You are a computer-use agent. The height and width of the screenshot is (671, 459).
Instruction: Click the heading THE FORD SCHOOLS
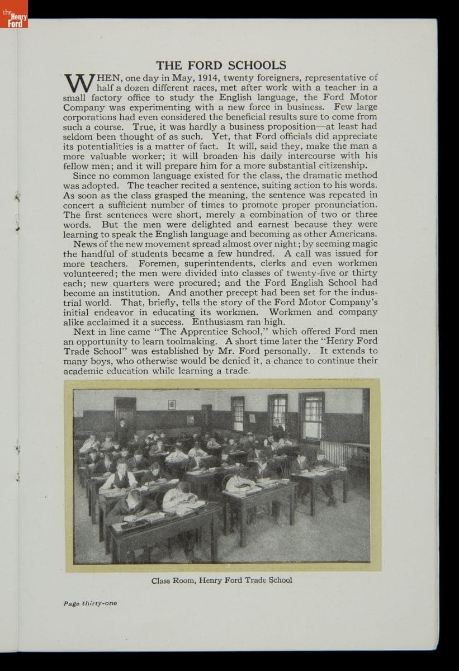(221, 65)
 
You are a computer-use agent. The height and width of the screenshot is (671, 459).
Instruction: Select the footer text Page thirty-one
(90, 603)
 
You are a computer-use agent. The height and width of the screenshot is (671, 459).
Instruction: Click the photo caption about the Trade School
(221, 580)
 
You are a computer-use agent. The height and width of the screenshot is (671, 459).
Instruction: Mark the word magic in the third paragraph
(365, 244)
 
